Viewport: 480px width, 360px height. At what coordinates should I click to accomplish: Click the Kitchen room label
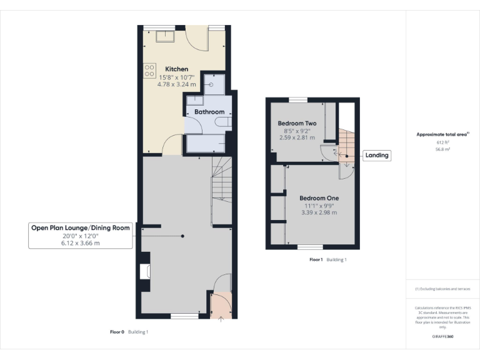click(x=177, y=69)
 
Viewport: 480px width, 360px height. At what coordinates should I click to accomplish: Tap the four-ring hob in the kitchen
click(x=150, y=71)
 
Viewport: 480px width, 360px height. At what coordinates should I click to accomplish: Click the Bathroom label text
click(x=209, y=112)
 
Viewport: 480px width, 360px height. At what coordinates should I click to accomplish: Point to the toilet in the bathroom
click(x=222, y=124)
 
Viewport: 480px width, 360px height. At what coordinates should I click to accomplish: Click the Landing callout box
click(x=376, y=156)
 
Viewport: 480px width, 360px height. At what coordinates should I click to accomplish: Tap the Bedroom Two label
click(x=297, y=124)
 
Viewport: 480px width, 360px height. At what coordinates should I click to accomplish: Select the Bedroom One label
click(x=319, y=198)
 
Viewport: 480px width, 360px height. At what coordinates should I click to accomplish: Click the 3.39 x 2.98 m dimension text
click(x=319, y=212)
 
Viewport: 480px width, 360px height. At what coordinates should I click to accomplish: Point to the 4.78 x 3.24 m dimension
click(x=177, y=84)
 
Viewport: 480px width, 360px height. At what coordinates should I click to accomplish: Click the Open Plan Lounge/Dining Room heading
click(x=81, y=228)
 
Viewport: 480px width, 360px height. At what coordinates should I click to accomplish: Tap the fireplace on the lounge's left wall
click(x=146, y=271)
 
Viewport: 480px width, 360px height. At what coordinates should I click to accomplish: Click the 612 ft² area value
click(x=442, y=142)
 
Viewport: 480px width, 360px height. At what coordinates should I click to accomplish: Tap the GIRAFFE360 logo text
click(x=442, y=337)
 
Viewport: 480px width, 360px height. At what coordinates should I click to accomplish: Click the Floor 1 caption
click(x=316, y=259)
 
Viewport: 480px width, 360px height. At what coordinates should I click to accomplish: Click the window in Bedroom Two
click(x=298, y=100)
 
